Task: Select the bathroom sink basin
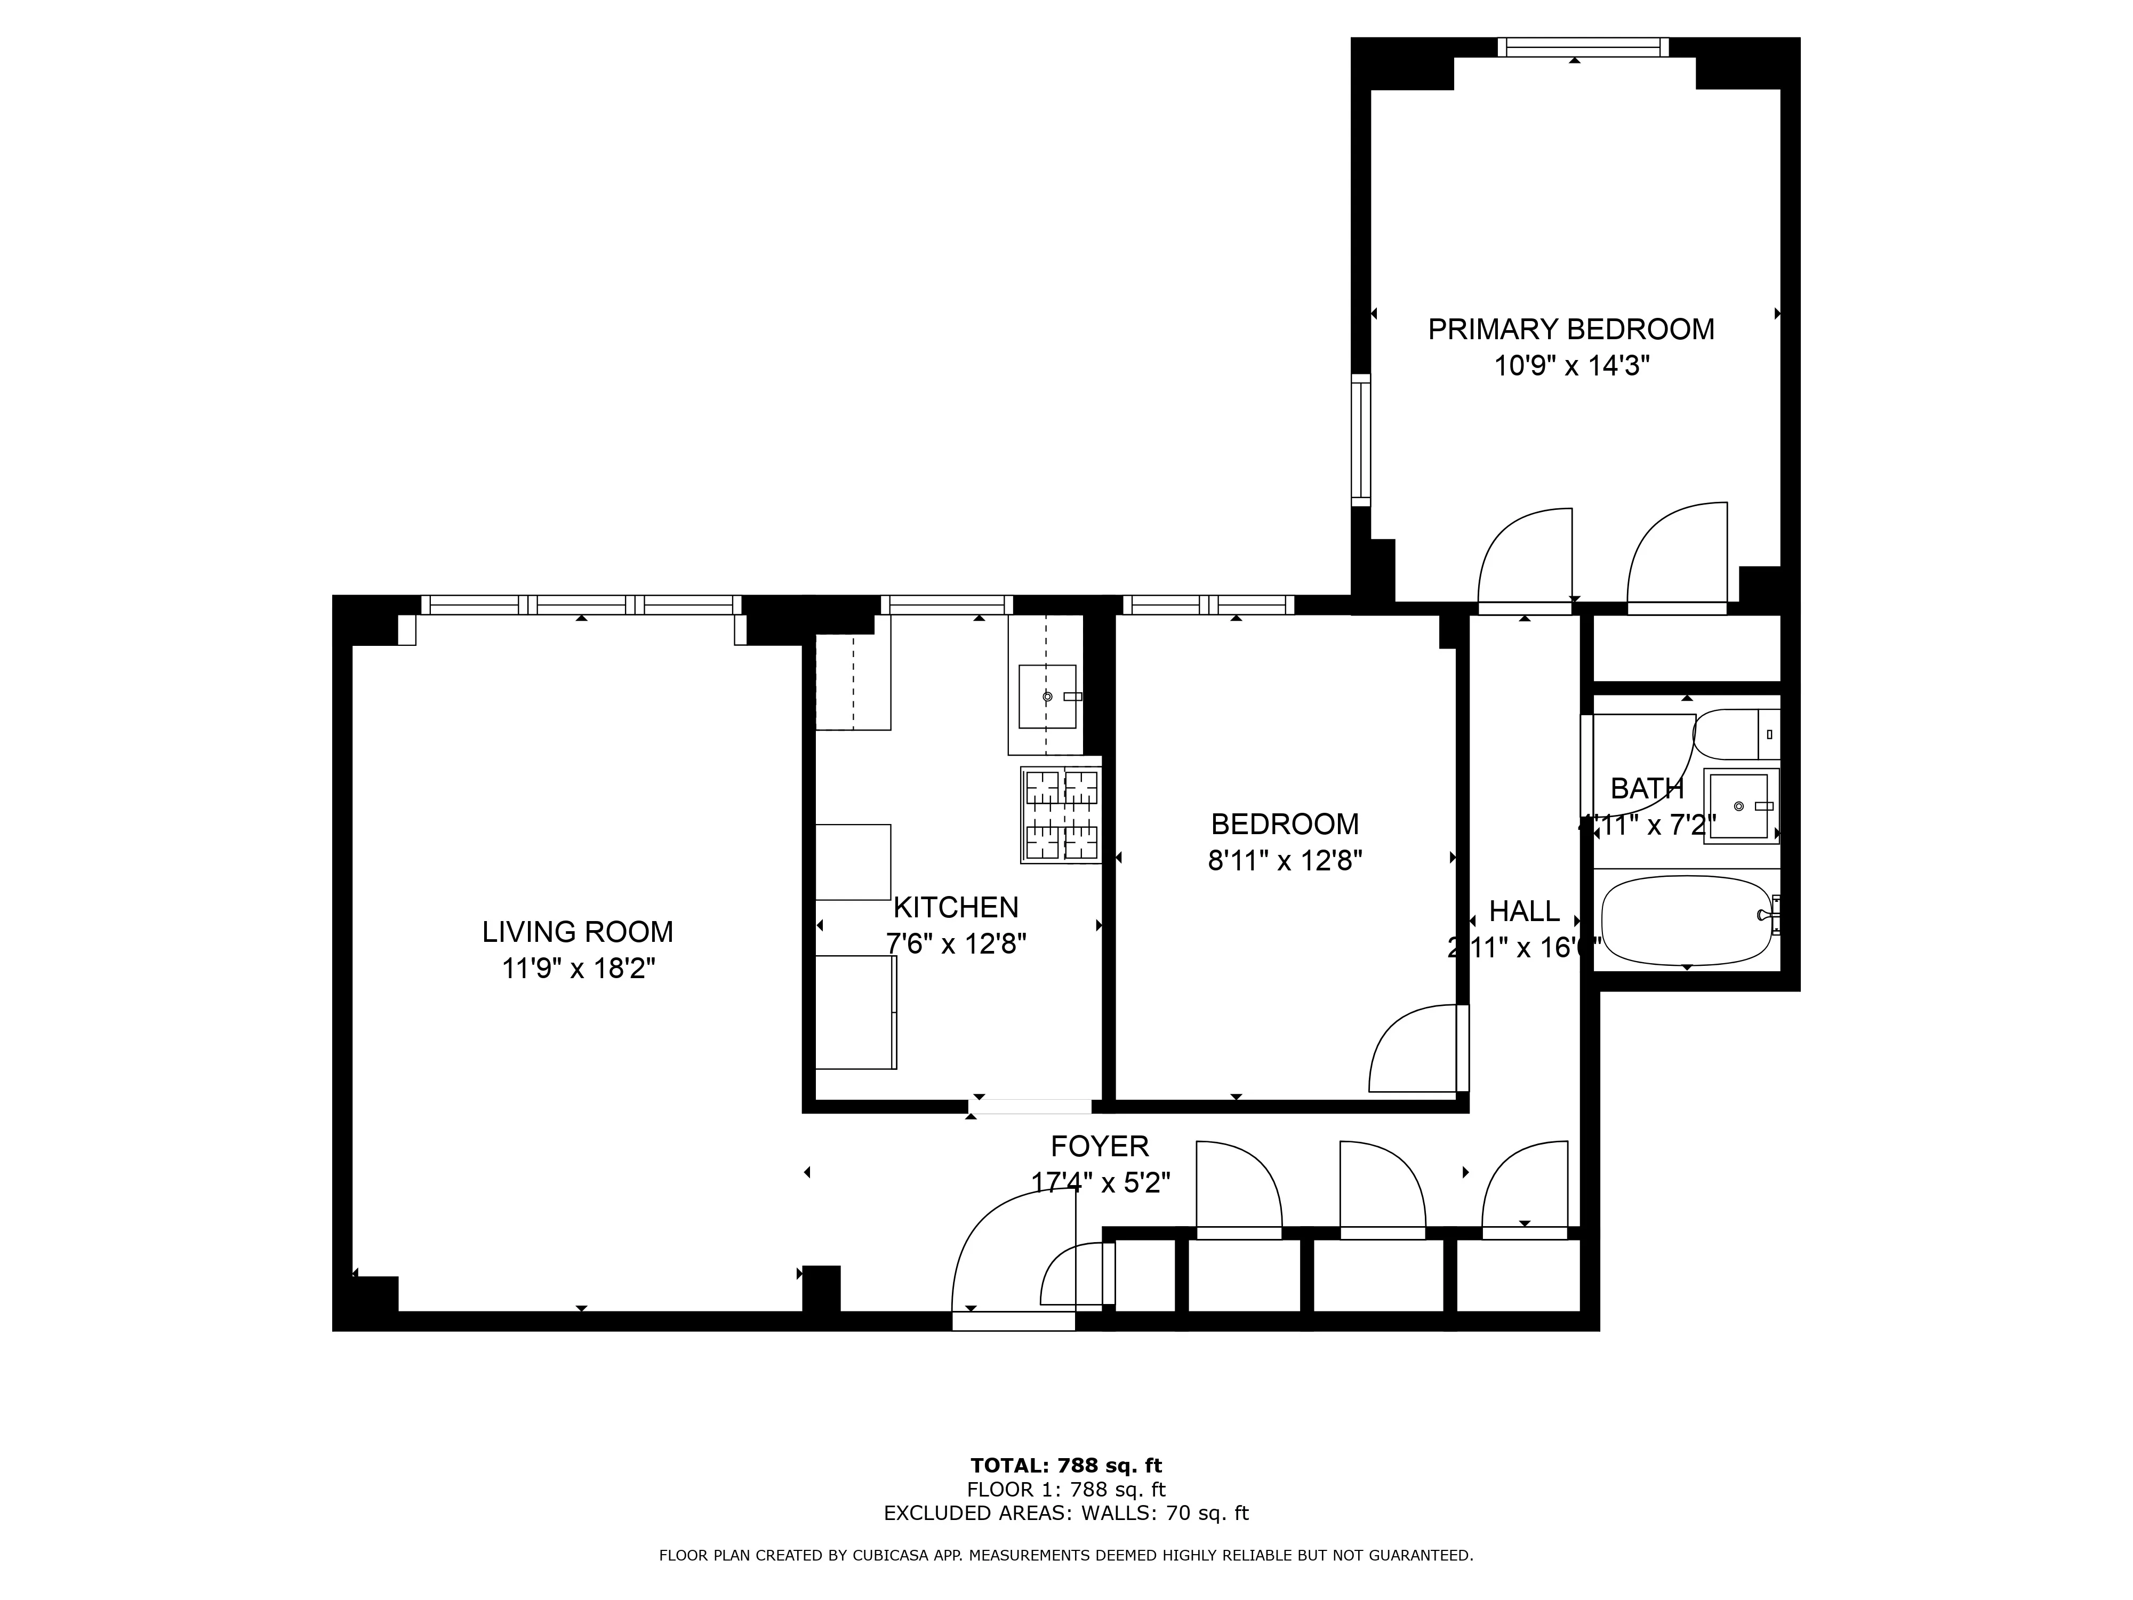tap(1738, 805)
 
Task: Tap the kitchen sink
tap(1047, 695)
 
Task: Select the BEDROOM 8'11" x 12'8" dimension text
tap(1285, 860)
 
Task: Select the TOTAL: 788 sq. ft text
tap(1065, 1467)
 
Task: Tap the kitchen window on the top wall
tap(946, 605)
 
